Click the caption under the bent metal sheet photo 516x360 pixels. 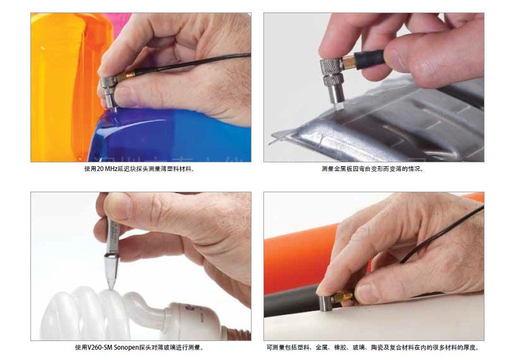pyautogui.click(x=373, y=169)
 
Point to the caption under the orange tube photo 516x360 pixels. pyautogui.click(x=373, y=348)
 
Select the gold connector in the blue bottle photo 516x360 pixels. pyautogui.click(x=125, y=77)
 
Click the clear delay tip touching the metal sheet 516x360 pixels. pyautogui.click(x=339, y=105)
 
